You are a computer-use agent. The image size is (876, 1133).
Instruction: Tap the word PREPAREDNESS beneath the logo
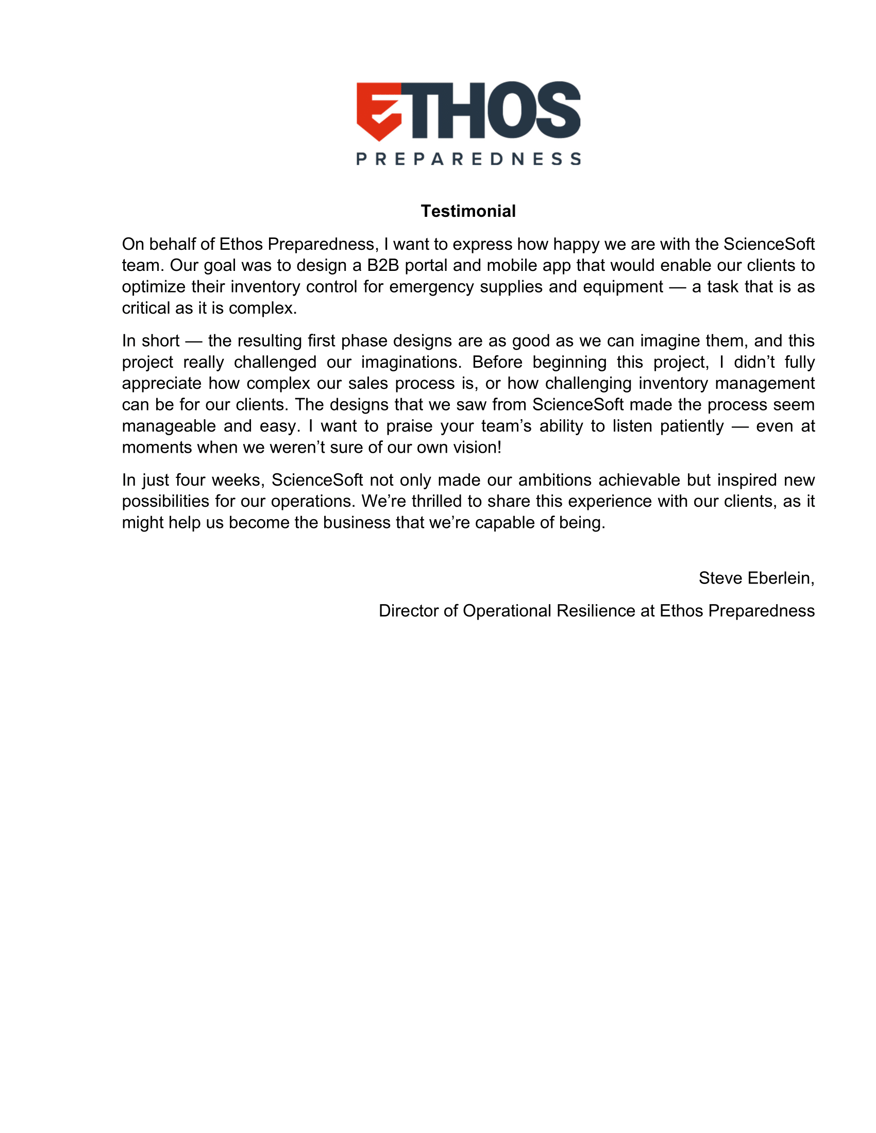pyautogui.click(x=468, y=159)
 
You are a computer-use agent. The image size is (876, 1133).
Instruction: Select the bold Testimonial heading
pyautogui.click(x=468, y=211)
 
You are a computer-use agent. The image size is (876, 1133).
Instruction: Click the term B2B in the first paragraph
pyautogui.click(x=382, y=265)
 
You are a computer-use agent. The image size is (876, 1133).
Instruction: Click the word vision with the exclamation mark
pyautogui.click(x=478, y=447)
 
